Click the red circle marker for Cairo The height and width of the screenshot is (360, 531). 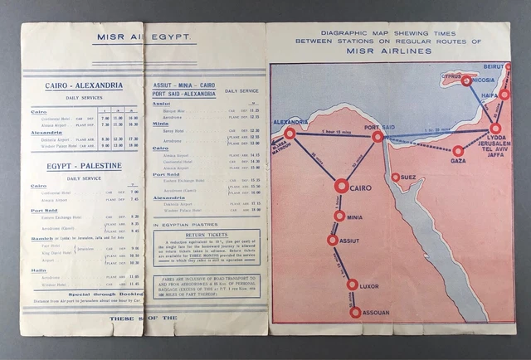[341, 187]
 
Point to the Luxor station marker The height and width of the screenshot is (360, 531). [353, 285]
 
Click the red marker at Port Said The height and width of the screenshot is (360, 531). [378, 137]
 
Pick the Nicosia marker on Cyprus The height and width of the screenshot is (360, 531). [467, 80]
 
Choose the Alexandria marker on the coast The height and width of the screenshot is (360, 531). [289, 133]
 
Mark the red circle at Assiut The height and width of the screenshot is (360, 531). [333, 240]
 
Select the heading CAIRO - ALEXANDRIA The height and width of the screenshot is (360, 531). [75, 85]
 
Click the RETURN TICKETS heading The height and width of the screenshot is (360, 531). [207, 236]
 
